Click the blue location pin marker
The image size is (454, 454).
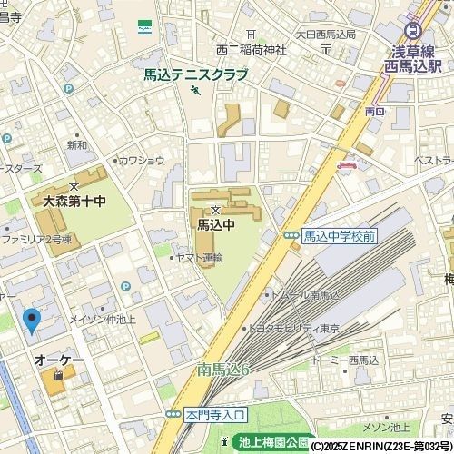32,321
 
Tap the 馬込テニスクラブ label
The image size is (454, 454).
195,75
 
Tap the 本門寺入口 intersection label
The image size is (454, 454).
215,414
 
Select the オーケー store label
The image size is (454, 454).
59,360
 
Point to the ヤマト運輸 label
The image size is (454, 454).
199,258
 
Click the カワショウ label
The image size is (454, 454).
142,160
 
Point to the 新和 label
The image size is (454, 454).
77,144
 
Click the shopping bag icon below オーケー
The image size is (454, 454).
58,375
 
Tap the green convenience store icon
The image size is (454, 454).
144,27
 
